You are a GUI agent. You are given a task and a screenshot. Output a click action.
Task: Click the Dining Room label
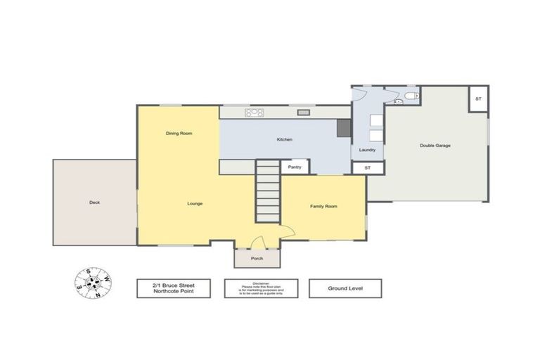click(x=179, y=133)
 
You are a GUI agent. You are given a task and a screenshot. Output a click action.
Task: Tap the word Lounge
click(x=195, y=204)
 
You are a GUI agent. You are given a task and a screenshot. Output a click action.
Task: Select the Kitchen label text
click(x=284, y=140)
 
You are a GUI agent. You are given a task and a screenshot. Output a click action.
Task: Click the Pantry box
click(x=295, y=167)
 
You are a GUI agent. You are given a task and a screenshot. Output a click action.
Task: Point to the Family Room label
click(x=323, y=206)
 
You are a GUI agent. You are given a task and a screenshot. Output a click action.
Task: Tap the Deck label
click(x=94, y=202)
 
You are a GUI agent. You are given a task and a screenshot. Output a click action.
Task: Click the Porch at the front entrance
click(x=257, y=258)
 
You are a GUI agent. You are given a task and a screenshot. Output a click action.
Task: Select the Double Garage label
click(x=435, y=146)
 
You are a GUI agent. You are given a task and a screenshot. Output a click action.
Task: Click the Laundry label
click(x=367, y=150)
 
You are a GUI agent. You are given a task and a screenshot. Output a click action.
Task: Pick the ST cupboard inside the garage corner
click(x=478, y=98)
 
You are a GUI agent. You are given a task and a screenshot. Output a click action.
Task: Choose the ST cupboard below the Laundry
click(x=367, y=168)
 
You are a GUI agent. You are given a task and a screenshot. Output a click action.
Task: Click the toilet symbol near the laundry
click(x=410, y=95)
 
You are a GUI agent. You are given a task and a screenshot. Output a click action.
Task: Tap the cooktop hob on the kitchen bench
click(x=254, y=112)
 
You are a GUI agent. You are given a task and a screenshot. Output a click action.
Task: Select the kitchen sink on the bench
click(x=304, y=112)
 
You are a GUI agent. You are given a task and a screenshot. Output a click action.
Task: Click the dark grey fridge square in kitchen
click(x=344, y=127)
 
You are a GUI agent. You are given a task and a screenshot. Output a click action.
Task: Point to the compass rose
click(x=92, y=283)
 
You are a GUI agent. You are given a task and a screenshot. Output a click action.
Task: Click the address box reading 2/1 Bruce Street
click(x=173, y=288)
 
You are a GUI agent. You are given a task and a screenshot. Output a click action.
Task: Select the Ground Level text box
click(x=345, y=288)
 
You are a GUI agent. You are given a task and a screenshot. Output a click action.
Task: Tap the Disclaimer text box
click(x=261, y=288)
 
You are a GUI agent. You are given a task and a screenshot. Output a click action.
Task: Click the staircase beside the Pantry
click(x=267, y=191)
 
